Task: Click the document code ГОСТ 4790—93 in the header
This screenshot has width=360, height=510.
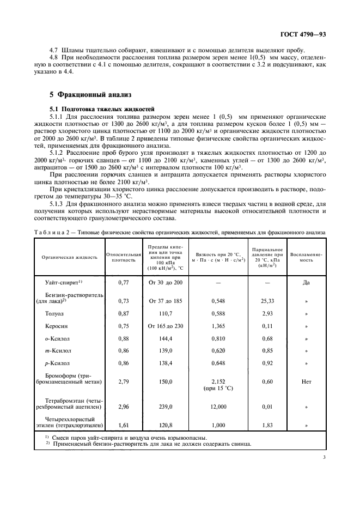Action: [307, 34]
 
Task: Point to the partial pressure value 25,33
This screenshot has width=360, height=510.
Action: [267, 300]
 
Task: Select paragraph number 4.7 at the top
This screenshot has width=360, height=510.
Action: [54, 50]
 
